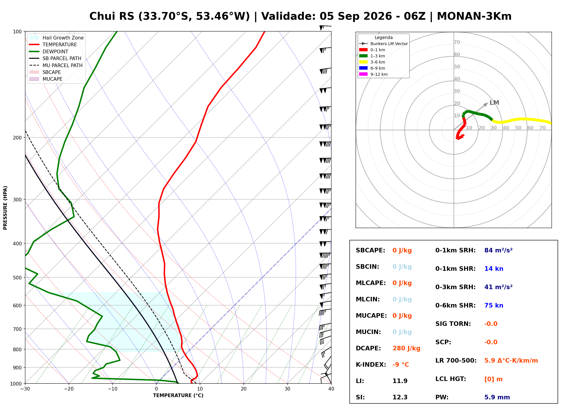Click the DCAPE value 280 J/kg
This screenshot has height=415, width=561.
406,348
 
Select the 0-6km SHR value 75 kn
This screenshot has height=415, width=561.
493,305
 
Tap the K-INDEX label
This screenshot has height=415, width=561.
371,364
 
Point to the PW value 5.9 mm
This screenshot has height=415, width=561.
497,397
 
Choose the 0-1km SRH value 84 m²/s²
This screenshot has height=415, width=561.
498,250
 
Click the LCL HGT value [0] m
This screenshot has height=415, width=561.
493,379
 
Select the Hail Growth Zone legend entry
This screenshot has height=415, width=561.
56,38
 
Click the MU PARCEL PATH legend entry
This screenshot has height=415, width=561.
56,65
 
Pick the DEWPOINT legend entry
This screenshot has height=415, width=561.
49,51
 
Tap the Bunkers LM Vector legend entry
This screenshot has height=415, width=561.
383,44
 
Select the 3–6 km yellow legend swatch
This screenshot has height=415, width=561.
363,62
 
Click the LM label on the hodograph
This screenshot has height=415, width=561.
494,103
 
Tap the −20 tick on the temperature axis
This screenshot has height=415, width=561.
69,389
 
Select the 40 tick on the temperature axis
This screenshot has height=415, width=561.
331,389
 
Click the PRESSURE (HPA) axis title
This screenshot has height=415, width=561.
5,208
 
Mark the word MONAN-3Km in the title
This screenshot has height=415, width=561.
474,16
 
